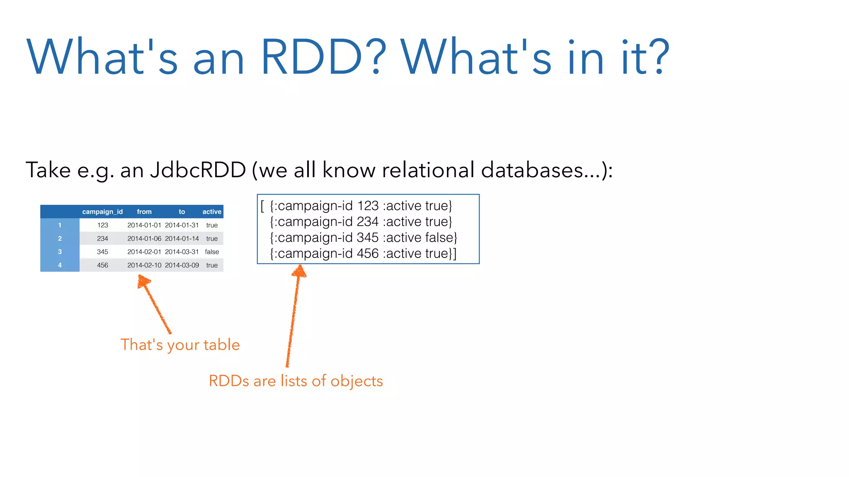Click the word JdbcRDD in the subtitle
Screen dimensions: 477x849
tap(198, 170)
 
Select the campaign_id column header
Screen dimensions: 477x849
tap(102, 212)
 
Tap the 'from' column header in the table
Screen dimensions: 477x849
tap(144, 212)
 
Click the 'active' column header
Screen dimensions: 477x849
tap(212, 212)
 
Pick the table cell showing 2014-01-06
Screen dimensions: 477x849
tap(144, 238)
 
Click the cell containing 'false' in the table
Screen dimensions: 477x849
tap(212, 252)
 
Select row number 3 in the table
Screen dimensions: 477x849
tap(60, 252)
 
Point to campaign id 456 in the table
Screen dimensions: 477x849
tap(102, 265)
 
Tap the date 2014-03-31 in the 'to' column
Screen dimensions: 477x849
tap(182, 252)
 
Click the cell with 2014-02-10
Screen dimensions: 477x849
tap(144, 265)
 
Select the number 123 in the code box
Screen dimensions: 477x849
tap(368, 206)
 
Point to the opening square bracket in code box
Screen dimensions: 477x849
tap(262, 206)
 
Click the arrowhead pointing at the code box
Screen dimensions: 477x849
tap(299, 271)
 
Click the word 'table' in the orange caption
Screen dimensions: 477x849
tap(221, 345)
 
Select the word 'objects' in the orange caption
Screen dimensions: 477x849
tap(357, 381)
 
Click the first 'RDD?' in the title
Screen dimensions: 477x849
tap(323, 57)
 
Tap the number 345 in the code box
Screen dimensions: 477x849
tap(368, 238)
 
